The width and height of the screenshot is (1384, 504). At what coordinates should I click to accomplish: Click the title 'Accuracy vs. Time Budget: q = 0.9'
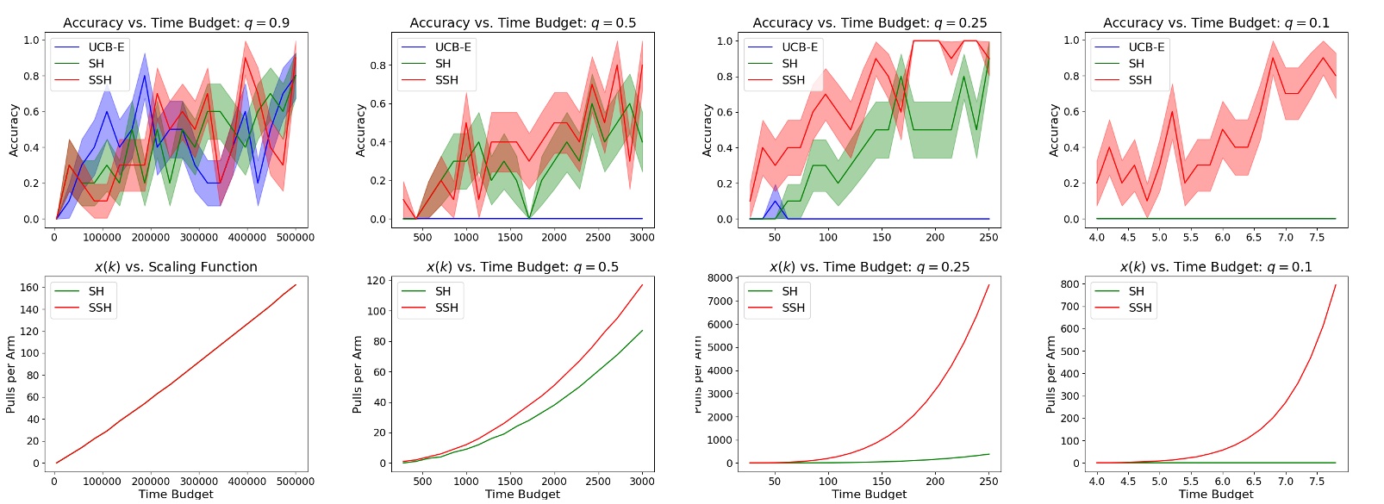pyautogui.click(x=176, y=22)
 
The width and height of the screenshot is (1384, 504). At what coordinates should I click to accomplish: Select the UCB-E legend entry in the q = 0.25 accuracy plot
pyautogui.click(x=800, y=47)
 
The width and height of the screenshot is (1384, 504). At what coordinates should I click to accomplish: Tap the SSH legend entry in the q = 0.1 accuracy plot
pyautogui.click(x=1139, y=80)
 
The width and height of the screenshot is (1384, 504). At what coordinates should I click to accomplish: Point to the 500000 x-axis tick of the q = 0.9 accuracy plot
pyautogui.click(x=295, y=238)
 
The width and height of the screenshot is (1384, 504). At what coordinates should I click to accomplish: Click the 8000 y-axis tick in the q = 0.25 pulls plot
pyautogui.click(x=720, y=278)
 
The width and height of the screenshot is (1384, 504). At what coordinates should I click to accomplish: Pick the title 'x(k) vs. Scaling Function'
pyautogui.click(x=176, y=267)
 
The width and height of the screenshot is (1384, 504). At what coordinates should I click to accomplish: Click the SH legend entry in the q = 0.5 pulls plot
pyautogui.click(x=443, y=291)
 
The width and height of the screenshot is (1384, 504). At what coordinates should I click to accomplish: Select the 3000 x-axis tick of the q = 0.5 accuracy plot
pyautogui.click(x=641, y=238)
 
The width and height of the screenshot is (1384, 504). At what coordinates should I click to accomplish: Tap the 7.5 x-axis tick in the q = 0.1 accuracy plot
pyautogui.click(x=1317, y=238)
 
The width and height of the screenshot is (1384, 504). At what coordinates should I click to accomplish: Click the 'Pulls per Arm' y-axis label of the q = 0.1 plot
pyautogui.click(x=1050, y=375)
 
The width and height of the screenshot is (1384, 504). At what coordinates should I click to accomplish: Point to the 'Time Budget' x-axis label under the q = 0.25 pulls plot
pyautogui.click(x=869, y=494)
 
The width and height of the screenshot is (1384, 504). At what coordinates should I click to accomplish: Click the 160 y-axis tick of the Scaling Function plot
pyautogui.click(x=30, y=288)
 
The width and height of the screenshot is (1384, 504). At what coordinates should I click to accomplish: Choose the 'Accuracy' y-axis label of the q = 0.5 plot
pyautogui.click(x=361, y=130)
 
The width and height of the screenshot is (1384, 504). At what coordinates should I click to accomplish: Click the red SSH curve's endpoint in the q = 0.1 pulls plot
pyautogui.click(x=1336, y=285)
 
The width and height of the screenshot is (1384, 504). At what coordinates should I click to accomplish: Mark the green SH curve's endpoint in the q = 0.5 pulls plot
pyautogui.click(x=642, y=331)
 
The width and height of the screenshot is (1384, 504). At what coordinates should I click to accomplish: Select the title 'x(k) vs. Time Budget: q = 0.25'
pyautogui.click(x=869, y=267)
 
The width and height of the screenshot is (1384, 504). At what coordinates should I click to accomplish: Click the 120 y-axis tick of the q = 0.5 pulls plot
pyautogui.click(x=377, y=281)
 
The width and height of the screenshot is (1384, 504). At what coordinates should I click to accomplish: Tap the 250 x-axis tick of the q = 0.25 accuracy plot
pyautogui.click(x=988, y=238)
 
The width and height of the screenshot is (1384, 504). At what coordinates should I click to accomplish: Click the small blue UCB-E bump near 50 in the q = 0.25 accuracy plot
pyautogui.click(x=775, y=202)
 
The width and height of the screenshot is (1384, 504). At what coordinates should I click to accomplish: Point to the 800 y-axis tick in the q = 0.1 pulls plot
pyautogui.click(x=1069, y=284)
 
